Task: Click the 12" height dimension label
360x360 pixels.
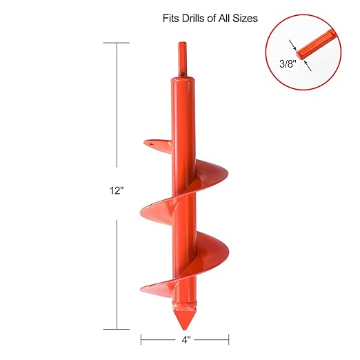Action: coord(116,190)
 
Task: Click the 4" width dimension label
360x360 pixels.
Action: coord(185,339)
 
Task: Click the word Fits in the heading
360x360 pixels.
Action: coord(172,19)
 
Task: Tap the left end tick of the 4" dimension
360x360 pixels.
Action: coord(141,339)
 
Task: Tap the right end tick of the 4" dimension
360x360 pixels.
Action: coord(229,339)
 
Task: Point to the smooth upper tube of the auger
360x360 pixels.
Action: coord(183,110)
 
